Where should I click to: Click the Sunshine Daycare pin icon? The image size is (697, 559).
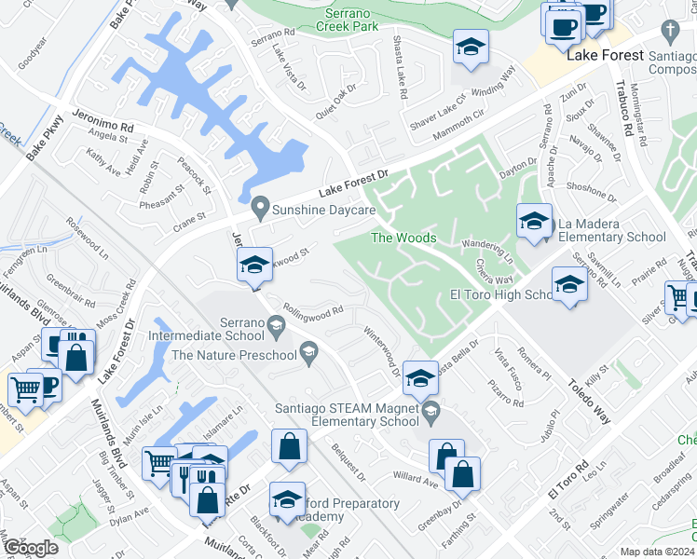[262, 206]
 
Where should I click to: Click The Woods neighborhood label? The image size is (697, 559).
[403, 238]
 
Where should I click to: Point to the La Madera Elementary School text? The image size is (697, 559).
[611, 230]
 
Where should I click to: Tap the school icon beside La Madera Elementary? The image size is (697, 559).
[534, 223]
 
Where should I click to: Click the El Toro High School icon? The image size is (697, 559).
[569, 286]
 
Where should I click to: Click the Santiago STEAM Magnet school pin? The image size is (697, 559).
[430, 410]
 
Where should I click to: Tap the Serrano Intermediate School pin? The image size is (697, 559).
[276, 325]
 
